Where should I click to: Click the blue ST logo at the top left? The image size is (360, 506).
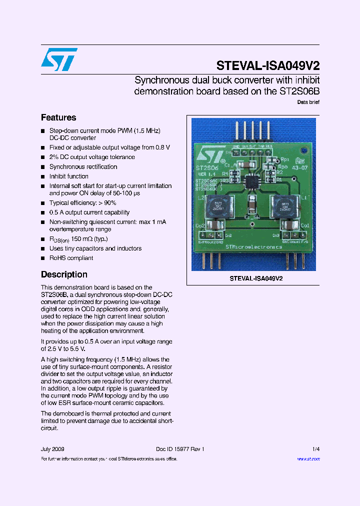59,59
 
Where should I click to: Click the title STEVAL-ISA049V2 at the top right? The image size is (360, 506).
268,66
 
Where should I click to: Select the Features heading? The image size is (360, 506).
58,117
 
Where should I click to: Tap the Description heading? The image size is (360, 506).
64,274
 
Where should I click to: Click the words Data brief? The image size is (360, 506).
308,102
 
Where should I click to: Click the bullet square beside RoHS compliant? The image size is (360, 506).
43,258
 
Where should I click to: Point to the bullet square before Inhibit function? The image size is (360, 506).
43,176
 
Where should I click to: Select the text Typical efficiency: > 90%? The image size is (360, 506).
82,203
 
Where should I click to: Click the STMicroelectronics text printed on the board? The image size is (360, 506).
253,246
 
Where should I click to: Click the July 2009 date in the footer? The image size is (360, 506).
52,449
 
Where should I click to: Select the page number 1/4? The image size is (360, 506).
315,449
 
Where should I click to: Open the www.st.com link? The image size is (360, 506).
308,458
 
